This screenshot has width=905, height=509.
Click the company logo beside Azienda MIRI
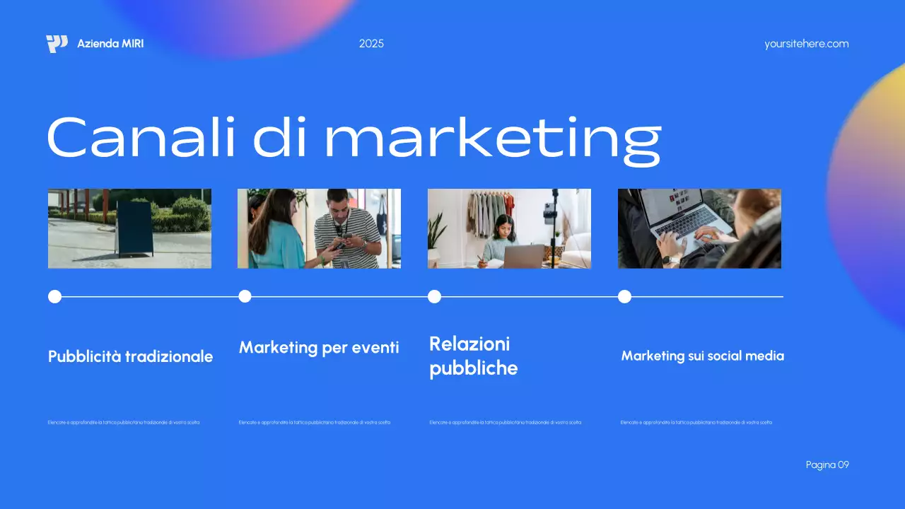[57, 44]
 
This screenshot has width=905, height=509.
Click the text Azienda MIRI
[110, 44]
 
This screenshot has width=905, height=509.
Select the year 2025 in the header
[371, 44]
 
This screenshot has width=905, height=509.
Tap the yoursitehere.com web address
[806, 44]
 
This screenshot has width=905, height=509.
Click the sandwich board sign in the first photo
[134, 228]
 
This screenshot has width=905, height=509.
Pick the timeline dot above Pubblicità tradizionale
[54, 296]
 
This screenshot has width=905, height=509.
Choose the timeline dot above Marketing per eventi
[245, 296]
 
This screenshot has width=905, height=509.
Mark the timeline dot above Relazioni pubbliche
[434, 296]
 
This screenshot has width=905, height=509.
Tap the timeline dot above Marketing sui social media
[624, 296]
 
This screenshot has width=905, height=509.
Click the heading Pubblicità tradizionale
[130, 357]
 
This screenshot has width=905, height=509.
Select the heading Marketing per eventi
[319, 348]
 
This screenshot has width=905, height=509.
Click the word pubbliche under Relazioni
[473, 368]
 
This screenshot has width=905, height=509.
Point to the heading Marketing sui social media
[702, 356]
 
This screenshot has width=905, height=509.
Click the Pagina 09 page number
[827, 464]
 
